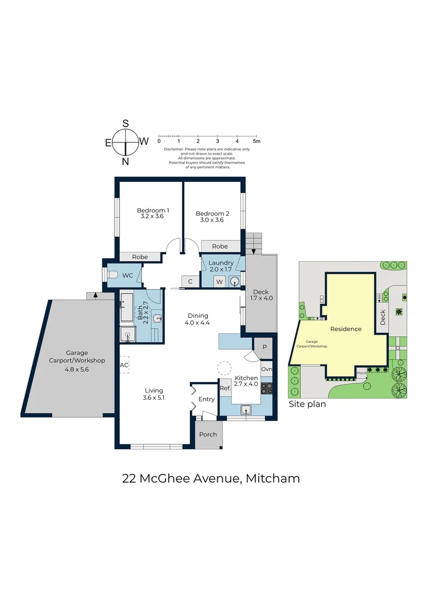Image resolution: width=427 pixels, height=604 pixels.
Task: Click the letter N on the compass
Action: point(126,162)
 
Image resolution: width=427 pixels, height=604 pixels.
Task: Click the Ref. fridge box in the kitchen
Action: point(225,388)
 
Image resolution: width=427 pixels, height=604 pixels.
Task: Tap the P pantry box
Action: point(264,346)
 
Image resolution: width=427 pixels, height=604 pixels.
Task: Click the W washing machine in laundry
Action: point(220,281)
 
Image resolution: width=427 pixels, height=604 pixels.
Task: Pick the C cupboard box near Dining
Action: point(190,281)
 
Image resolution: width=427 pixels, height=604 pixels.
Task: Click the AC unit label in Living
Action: point(124,365)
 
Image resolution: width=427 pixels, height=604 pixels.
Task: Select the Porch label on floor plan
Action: point(208,435)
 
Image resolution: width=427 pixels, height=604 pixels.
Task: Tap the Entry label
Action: point(206,399)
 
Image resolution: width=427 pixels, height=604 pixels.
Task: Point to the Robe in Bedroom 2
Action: point(220,246)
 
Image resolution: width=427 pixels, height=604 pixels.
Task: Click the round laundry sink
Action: point(235,281)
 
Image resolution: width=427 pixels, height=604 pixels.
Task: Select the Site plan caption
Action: point(307,403)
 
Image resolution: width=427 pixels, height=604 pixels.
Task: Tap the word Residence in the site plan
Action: point(345,329)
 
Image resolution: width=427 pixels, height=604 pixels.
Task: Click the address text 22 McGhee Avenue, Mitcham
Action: point(211,478)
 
